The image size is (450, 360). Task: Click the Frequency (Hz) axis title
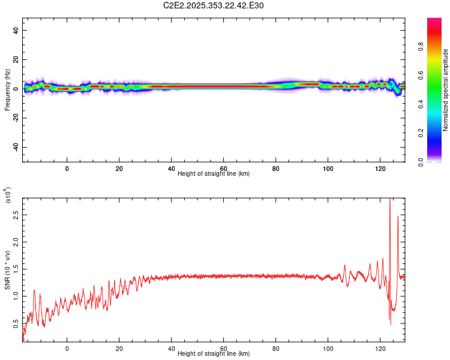click(x=7, y=89)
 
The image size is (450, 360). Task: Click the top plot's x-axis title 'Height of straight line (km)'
click(x=214, y=173)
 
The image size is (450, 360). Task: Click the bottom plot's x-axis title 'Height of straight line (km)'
click(x=214, y=353)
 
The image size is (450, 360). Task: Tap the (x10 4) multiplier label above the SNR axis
click(x=8, y=196)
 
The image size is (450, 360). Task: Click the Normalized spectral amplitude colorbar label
click(x=445, y=90)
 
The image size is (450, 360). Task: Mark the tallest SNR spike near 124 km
click(x=391, y=199)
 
